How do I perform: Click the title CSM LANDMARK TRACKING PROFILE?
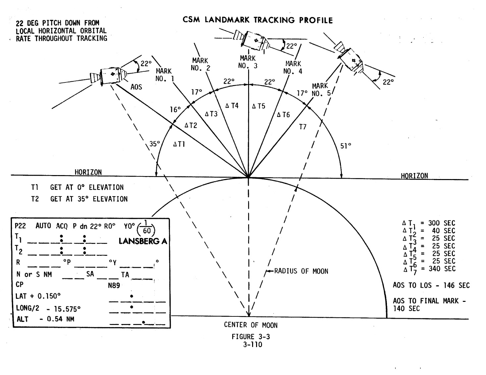pos(257,20)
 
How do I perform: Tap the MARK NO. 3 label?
pos(248,62)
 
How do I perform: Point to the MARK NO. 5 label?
pos(321,90)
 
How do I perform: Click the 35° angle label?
pos(154,144)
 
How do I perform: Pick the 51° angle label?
pos(346,146)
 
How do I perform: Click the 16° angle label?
pos(176,110)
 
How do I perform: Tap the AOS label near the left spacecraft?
pos(136,87)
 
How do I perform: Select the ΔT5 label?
pos(258,106)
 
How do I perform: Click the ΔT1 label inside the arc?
pos(179,144)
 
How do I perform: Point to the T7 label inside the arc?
pos(303,127)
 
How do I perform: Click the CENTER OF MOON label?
pos(250,325)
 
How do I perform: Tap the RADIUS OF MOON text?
pos(301,271)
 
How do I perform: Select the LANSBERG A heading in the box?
pos(143,241)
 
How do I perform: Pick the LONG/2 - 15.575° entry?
pos(48,308)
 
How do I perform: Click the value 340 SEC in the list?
pos(442,268)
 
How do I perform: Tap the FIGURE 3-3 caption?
pos(251,337)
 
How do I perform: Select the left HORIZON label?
pos(88,172)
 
